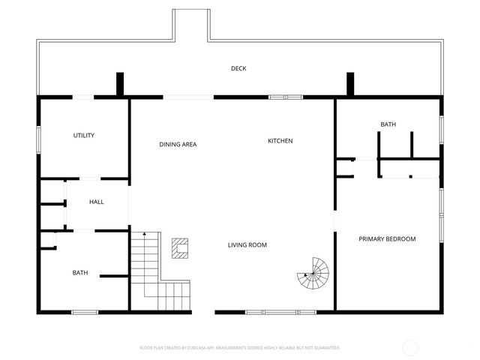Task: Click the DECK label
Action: [x=238, y=69]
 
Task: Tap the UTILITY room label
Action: [x=83, y=136]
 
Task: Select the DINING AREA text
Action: [x=178, y=145]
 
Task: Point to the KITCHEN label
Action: [x=280, y=141]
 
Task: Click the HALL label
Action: [x=97, y=202]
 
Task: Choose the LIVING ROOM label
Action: [x=247, y=245]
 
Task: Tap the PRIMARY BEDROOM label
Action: [x=387, y=239]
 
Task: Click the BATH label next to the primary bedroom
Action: [x=388, y=124]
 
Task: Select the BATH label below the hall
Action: [x=80, y=273]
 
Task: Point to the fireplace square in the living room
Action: [x=180, y=247]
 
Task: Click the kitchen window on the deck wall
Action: [x=286, y=97]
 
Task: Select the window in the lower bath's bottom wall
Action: [x=84, y=311]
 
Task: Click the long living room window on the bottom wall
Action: [x=263, y=311]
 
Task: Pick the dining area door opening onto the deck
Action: [x=188, y=97]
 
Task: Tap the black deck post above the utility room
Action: [x=120, y=83]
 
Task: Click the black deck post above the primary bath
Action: [x=349, y=83]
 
